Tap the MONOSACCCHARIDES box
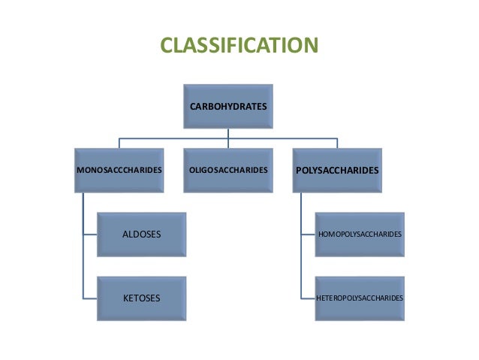click(119, 171)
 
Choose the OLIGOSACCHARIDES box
click(227, 171)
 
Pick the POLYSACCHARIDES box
click(336, 171)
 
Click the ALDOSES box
click(141, 234)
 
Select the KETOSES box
click(141, 298)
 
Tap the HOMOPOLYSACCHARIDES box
click(359, 234)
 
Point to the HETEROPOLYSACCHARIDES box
click(359, 298)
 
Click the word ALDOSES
click(141, 234)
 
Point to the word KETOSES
click(141, 298)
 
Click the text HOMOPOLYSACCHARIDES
click(360, 234)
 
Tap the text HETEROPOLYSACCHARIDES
click(360, 298)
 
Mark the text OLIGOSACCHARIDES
click(227, 171)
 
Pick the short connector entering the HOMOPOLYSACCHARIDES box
click(308, 234)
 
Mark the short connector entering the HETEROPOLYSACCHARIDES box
click(308, 298)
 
